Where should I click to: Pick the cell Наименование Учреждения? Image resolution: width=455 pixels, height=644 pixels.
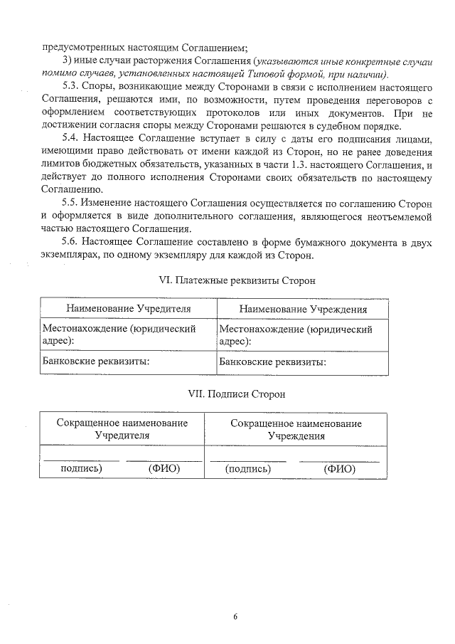pyautogui.click(x=303, y=310)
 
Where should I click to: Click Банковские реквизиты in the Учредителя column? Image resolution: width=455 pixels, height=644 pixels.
pyautogui.click(x=96, y=362)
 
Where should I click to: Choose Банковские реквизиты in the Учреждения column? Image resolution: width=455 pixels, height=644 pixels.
pyautogui.click(x=273, y=362)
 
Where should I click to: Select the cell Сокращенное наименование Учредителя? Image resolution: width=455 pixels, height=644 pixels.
pyautogui.click(x=122, y=429)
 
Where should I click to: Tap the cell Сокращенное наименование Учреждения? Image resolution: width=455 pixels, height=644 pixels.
pyautogui.click(x=296, y=429)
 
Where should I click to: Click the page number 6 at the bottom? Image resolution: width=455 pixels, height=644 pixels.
pyautogui.click(x=235, y=616)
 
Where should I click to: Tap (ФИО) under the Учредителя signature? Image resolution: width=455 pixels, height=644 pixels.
pyautogui.click(x=164, y=469)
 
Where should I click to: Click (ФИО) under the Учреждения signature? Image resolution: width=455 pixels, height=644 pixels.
pyautogui.click(x=339, y=469)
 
